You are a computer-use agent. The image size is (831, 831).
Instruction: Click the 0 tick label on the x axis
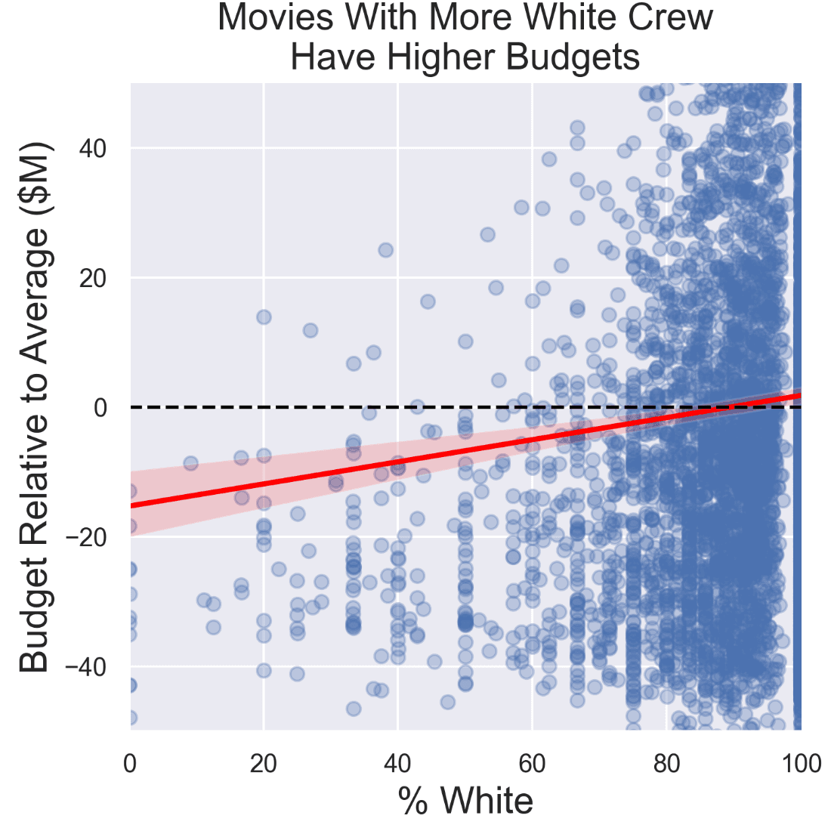pos(130,764)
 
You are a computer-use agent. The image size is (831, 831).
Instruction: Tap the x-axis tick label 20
pos(264,764)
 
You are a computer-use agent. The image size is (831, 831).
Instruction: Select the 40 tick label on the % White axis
pos(397,764)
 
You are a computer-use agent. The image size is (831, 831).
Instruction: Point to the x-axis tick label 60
pos(532,764)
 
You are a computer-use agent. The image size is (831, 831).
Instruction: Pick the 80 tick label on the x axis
pos(666,764)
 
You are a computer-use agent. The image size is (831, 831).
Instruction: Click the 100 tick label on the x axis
pos(801,764)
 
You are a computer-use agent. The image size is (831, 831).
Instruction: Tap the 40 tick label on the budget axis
pos(94,149)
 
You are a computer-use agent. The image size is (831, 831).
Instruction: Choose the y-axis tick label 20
pos(94,279)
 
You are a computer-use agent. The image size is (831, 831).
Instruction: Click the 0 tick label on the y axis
pos(100,408)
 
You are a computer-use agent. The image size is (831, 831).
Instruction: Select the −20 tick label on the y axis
pos(87,538)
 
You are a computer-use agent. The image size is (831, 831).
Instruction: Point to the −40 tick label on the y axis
pos(87,667)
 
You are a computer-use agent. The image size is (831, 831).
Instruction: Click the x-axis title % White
pos(465,801)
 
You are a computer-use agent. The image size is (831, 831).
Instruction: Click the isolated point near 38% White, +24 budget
pos(385,250)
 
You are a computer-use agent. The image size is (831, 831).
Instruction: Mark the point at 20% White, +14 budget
pos(264,317)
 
